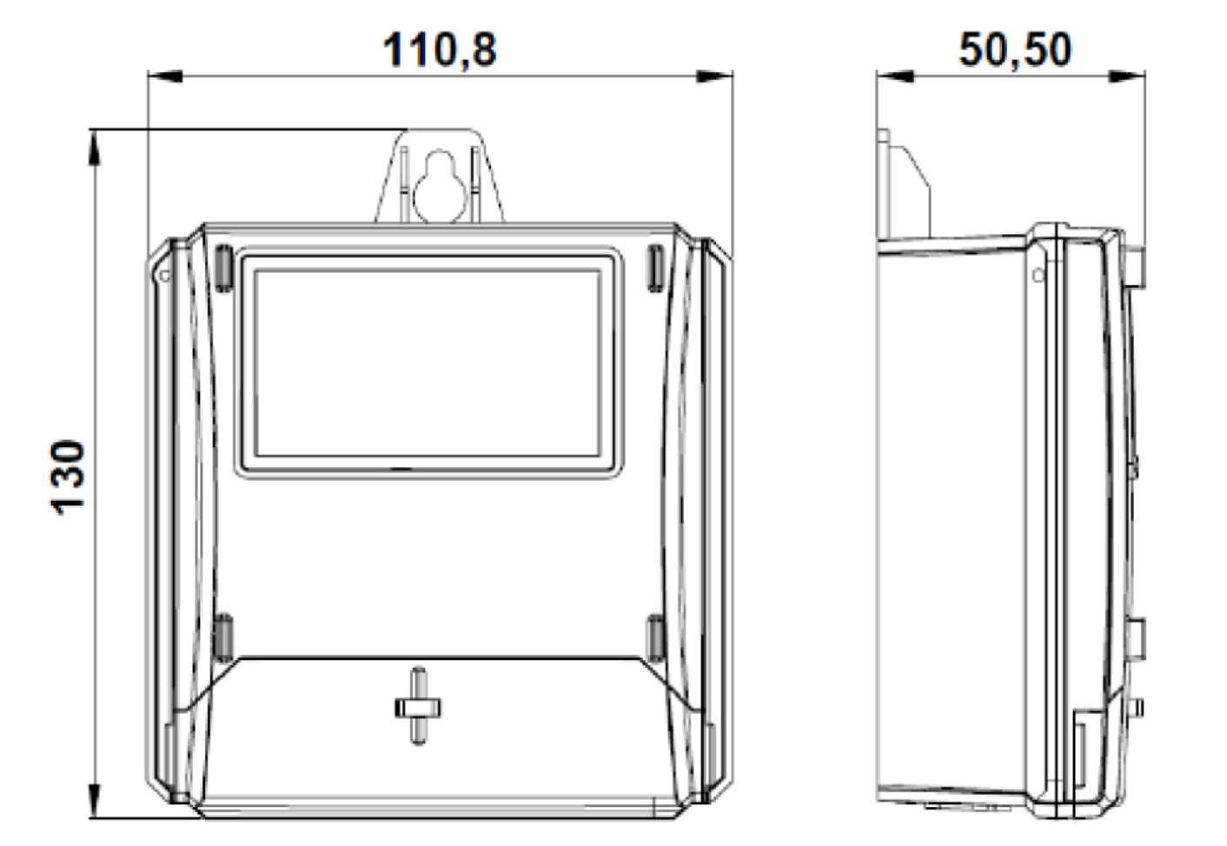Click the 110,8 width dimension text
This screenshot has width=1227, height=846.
[x=440, y=50]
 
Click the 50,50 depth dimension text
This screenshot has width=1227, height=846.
[x=1015, y=50]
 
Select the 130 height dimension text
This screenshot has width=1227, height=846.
[x=68, y=477]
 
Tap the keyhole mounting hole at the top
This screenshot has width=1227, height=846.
[x=441, y=186]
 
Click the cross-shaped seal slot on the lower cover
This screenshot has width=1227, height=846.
[x=418, y=706]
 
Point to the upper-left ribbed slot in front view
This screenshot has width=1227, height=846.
[x=223, y=268]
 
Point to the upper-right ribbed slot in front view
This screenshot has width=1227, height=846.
[x=656, y=268]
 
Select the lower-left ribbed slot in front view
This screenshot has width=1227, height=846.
[x=223, y=638]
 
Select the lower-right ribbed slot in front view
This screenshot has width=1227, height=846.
[x=656, y=638]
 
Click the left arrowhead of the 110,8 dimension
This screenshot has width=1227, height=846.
[x=165, y=77]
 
